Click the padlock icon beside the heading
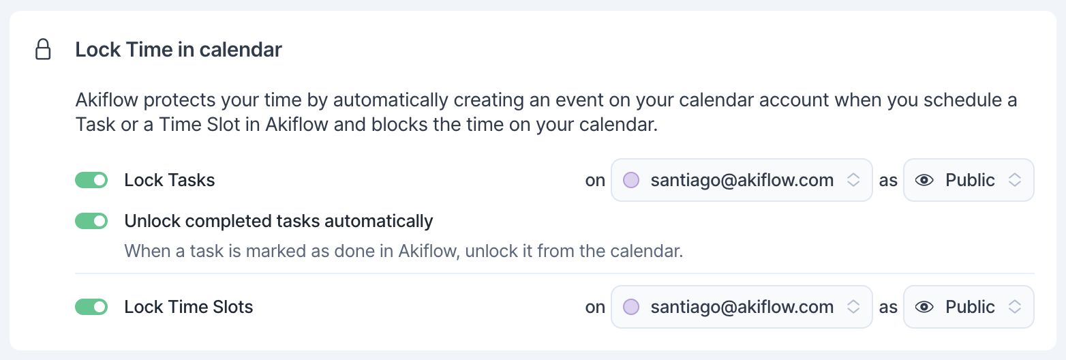coord(44,50)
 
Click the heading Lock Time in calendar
coord(179,50)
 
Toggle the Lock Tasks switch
coord(91,180)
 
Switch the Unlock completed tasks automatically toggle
coord(91,221)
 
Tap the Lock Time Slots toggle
coord(91,307)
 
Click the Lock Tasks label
coord(170,180)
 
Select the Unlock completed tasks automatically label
coord(278,221)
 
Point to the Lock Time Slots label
coord(188,307)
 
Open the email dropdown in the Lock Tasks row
coord(742,180)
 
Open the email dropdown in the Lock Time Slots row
coord(742,307)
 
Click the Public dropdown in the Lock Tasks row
coord(969,180)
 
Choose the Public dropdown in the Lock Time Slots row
coord(969,307)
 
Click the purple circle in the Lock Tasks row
coord(631,180)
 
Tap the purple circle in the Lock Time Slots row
coord(631,307)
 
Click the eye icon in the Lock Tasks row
coord(924,180)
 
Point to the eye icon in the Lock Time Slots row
coord(924,307)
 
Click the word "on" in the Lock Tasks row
coord(595,181)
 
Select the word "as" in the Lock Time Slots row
coord(888,307)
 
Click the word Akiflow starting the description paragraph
coord(107,100)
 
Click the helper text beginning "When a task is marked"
coord(403,251)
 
